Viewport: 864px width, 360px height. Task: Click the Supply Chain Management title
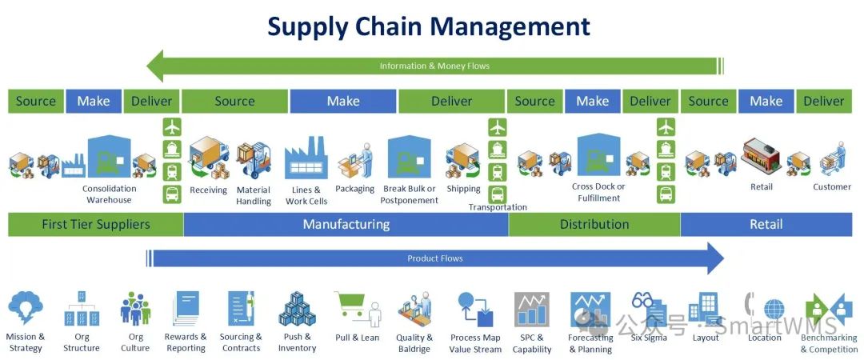[x=429, y=26]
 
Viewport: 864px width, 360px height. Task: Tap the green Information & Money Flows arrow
[x=434, y=66]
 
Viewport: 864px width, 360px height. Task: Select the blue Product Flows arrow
[x=435, y=258]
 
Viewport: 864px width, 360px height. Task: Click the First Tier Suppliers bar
[x=95, y=224]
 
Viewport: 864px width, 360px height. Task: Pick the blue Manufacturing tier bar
[x=346, y=224]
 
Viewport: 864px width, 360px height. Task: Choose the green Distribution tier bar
[x=594, y=224]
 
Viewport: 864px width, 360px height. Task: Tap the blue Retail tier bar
[x=766, y=224]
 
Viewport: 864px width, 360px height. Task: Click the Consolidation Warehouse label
[x=109, y=194]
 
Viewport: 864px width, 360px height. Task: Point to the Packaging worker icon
[x=357, y=161]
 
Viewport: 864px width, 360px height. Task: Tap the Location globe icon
[x=773, y=310]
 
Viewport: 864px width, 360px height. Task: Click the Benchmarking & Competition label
[x=829, y=343]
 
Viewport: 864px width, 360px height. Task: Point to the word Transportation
[x=498, y=207]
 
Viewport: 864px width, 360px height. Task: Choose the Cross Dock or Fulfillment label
[x=598, y=192]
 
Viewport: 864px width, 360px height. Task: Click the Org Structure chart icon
[x=81, y=308]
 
